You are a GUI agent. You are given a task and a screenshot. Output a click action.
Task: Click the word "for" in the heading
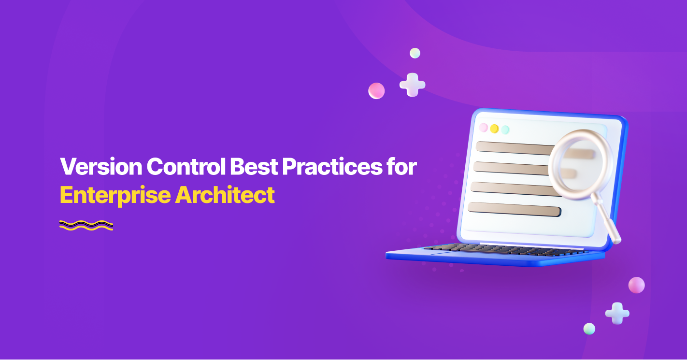(x=402, y=167)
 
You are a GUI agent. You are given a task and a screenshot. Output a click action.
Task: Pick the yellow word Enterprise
(x=115, y=195)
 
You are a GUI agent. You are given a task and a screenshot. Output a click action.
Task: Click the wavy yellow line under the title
(x=86, y=225)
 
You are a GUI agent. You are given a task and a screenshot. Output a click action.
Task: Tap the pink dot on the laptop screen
(x=483, y=128)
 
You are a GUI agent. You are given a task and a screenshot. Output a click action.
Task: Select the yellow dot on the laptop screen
(x=494, y=129)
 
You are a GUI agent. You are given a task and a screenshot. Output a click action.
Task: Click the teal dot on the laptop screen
(x=505, y=130)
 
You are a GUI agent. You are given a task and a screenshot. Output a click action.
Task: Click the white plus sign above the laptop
(x=412, y=85)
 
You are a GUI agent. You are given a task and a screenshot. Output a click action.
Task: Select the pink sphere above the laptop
(x=376, y=91)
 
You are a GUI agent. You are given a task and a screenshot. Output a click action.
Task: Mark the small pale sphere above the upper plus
(x=415, y=53)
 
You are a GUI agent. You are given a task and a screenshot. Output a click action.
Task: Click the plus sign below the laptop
(x=617, y=313)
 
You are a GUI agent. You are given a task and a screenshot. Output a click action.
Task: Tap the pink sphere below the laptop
(x=636, y=285)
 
